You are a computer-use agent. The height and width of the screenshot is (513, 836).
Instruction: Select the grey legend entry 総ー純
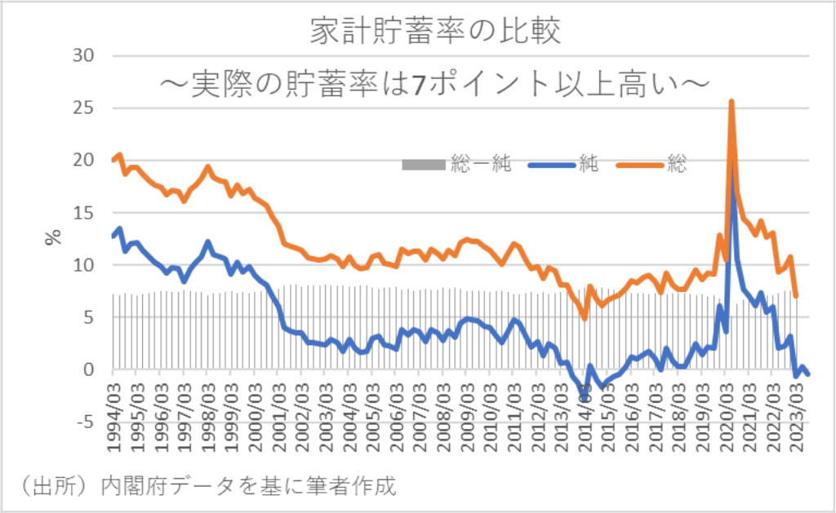(x=457, y=164)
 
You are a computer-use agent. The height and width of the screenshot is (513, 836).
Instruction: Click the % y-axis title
(x=53, y=238)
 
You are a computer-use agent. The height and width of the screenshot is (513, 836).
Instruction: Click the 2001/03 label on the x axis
(x=279, y=409)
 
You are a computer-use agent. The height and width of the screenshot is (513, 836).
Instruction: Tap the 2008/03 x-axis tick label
(x=445, y=409)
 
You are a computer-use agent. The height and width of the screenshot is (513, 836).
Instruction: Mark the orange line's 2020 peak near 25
(x=731, y=102)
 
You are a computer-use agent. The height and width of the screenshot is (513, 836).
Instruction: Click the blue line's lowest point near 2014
(x=585, y=398)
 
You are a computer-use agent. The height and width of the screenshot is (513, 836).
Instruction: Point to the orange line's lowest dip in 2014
(x=585, y=317)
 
